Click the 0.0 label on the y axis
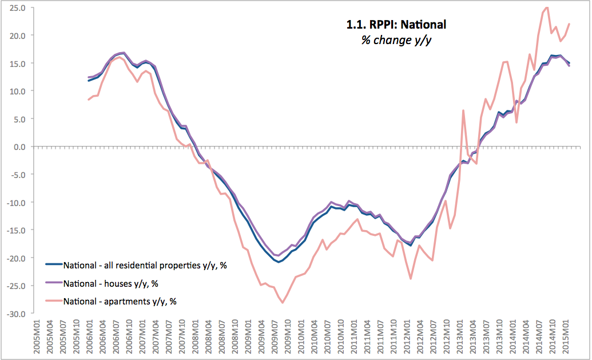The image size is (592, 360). point(19,147)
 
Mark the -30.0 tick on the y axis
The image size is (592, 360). point(16,314)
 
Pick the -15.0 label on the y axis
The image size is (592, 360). point(16,231)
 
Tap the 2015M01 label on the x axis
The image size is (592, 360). point(565,338)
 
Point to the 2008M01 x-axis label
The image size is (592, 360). point(196,338)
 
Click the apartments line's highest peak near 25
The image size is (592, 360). point(547,7)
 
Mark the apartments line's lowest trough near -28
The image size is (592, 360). point(283,303)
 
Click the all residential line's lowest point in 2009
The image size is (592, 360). point(279,262)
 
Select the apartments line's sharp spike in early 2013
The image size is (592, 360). point(463,110)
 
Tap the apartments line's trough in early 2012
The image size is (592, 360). point(411,279)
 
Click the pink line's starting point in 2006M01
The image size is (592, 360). point(89,100)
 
